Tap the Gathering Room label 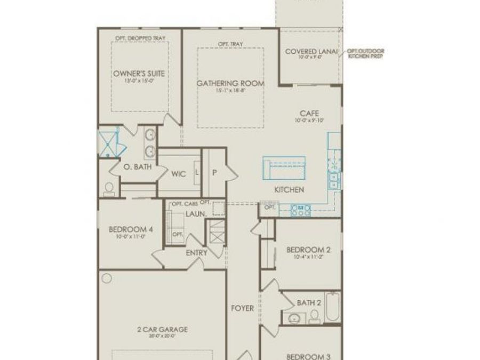[230, 83]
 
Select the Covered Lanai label [311, 51]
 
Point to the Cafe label [309, 113]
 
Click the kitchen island [284, 169]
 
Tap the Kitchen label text [289, 190]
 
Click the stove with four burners [301, 211]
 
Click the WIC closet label [178, 174]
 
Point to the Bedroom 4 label [131, 229]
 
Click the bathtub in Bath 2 [332, 307]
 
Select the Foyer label [242, 308]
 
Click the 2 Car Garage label [162, 330]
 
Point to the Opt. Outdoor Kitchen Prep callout [365, 53]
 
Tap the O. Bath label [138, 167]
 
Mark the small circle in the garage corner [107, 278]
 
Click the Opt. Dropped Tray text [140, 38]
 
